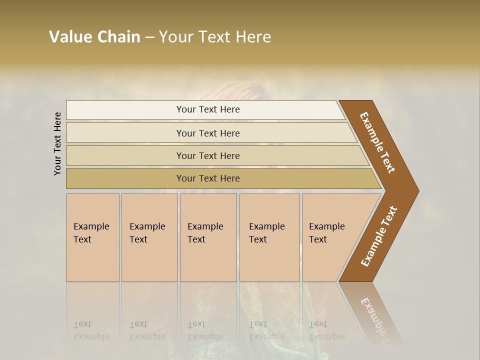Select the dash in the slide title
(x=149, y=37)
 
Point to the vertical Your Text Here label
(x=57, y=143)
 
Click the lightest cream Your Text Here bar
(x=207, y=109)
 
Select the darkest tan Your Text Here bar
(x=207, y=178)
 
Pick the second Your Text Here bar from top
(x=207, y=133)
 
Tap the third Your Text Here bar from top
(x=207, y=155)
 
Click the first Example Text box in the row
(x=92, y=237)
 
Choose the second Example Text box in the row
(x=149, y=237)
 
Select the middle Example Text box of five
(x=208, y=237)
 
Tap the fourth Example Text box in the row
(x=269, y=237)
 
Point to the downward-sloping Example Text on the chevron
(x=377, y=142)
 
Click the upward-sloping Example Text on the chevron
(x=379, y=236)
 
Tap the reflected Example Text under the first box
(x=91, y=330)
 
